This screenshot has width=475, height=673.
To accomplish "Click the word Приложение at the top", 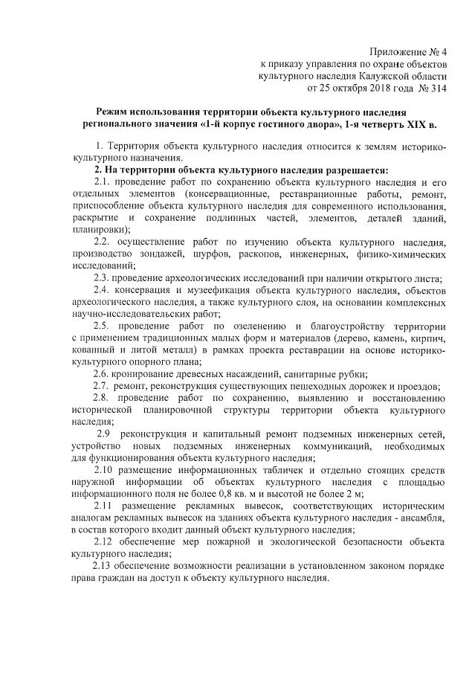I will [x=398, y=51].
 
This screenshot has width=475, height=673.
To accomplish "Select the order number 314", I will [x=439, y=88].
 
